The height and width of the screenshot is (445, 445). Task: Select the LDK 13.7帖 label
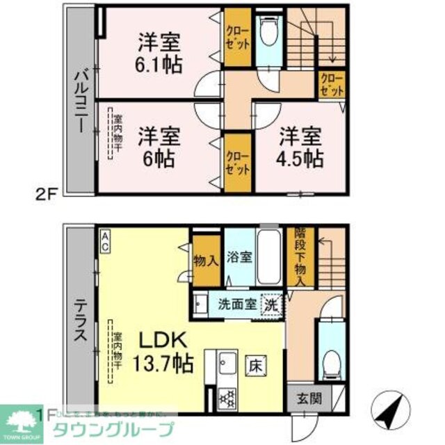click(x=165, y=351)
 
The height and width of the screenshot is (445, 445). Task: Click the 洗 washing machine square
click(x=270, y=304)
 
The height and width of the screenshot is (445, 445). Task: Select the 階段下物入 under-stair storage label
click(x=300, y=256)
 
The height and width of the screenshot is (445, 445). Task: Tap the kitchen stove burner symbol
click(x=227, y=399)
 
